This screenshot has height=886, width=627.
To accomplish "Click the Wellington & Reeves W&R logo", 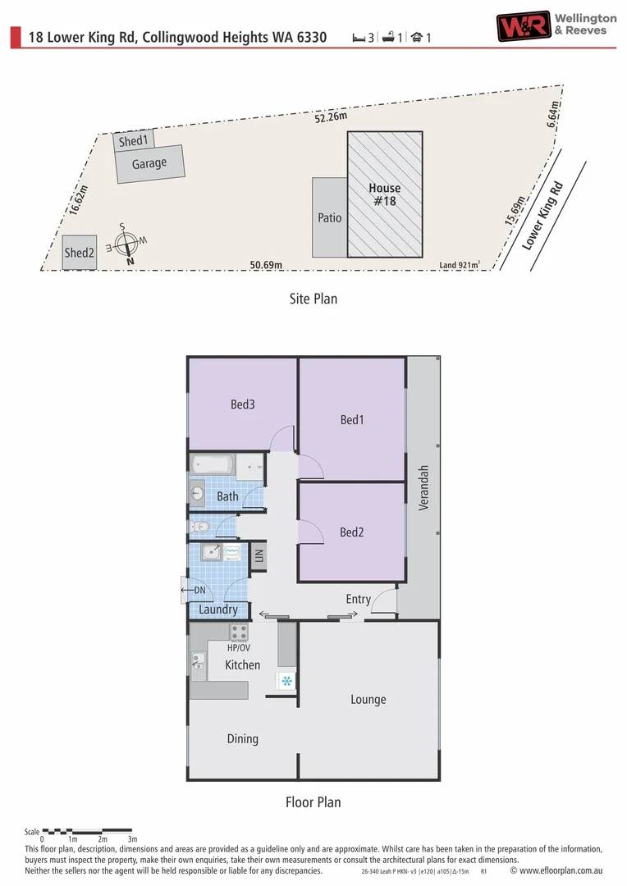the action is (524, 26).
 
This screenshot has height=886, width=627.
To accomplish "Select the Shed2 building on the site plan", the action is (79, 252).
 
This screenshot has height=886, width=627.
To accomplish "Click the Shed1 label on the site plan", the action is (134, 141).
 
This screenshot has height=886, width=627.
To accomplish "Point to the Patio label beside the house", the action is (330, 217).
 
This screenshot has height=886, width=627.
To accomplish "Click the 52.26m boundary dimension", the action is (331, 117).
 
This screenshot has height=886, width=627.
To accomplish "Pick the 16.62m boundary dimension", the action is (78, 200).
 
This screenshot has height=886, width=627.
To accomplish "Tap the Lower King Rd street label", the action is (542, 215).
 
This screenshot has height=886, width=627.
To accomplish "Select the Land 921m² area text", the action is (460, 264).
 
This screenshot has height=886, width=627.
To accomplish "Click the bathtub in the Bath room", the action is (213, 464).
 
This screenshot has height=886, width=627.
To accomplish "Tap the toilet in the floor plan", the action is (199, 527).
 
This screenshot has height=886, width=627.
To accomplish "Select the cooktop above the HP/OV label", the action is (239, 632).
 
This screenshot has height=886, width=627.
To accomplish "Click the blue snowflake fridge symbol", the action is (286, 680).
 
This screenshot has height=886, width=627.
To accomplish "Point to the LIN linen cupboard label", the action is (259, 555).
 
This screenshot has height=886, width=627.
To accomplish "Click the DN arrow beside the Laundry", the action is (194, 590).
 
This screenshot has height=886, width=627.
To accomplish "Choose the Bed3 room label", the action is (243, 404).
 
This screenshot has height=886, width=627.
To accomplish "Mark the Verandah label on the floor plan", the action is (423, 488).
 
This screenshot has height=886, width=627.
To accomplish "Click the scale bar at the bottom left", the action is (87, 830).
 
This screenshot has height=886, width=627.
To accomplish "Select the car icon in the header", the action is (417, 37).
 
